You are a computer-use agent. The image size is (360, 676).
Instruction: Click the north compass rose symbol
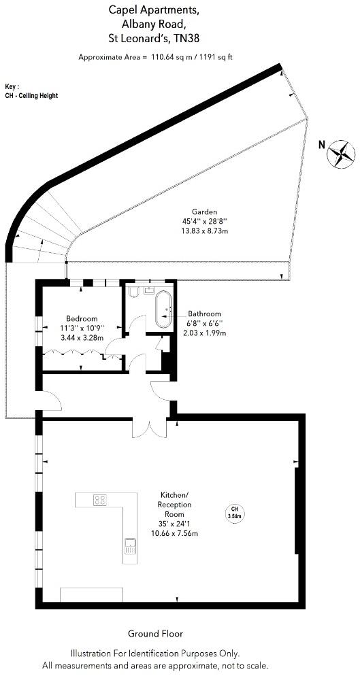coord(341,153)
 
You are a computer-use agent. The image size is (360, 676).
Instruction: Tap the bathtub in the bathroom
coord(164,309)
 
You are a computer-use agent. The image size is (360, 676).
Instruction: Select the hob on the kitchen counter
coord(100,500)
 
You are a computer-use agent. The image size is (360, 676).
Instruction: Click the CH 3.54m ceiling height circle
coord(234,513)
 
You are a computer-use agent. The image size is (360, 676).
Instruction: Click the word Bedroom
coord(82,318)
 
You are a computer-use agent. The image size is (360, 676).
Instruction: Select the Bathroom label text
coord(204,313)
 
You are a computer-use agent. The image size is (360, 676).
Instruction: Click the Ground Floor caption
coord(155,633)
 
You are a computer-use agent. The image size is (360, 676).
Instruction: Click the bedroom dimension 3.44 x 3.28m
coord(82,337)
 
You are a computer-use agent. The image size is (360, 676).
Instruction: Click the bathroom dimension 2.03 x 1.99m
coord(204,333)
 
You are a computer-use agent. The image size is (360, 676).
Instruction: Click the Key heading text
coord(12,87)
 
